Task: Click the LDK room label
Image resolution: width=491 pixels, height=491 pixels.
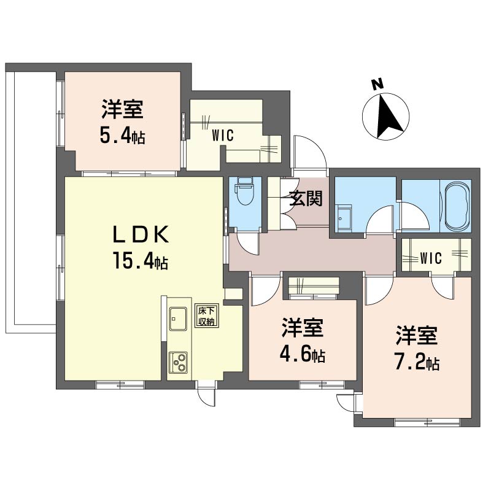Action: click(141, 235)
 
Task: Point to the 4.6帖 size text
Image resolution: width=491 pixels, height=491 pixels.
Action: click(302, 355)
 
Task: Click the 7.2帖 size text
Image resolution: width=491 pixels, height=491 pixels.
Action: click(417, 363)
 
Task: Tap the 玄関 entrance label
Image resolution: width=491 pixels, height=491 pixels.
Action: click(305, 198)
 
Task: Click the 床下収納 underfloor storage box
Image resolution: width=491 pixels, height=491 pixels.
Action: click(207, 316)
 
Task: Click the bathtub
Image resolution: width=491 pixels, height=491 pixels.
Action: click(457, 206)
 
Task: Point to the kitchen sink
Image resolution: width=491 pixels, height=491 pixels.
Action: click(178, 319)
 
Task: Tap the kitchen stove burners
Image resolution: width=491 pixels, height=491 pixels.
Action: click(178, 362)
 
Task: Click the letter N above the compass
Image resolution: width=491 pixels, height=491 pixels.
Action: click(377, 84)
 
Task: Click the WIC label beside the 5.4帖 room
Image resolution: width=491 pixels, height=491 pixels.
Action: click(223, 136)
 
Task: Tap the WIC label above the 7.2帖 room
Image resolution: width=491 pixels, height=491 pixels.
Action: click(431, 258)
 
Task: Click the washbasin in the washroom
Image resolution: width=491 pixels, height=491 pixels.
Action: click(344, 218)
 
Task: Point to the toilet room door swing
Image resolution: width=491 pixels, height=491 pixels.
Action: click(247, 243)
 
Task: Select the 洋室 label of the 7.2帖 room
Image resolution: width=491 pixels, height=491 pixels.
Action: click(417, 335)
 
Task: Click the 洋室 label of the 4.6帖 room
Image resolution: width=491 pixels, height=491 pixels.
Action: click(302, 328)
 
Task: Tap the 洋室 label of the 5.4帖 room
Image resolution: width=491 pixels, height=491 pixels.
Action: click(122, 109)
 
